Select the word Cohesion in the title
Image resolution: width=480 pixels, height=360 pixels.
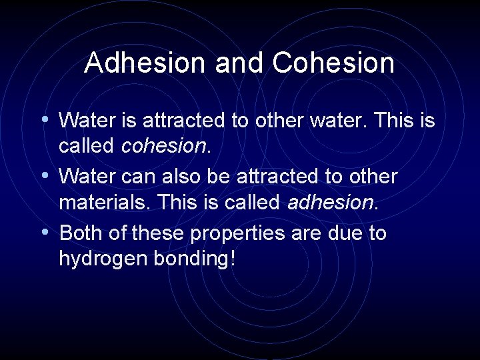point(333,63)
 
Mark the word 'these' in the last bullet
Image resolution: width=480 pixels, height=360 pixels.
point(161,233)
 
